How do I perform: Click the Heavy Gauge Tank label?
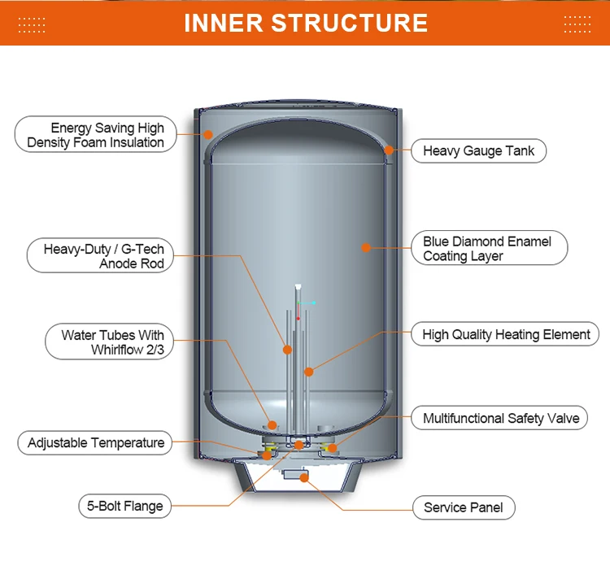(x=478, y=151)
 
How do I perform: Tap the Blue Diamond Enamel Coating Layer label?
(x=486, y=249)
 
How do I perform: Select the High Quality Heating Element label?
(x=506, y=334)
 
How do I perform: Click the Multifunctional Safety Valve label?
(x=500, y=419)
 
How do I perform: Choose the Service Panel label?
(x=463, y=507)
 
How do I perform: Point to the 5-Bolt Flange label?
(x=124, y=506)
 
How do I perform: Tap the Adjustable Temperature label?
(x=95, y=443)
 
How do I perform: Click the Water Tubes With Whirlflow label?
(x=108, y=342)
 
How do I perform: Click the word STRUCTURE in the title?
(x=350, y=23)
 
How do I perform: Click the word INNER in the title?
(x=224, y=23)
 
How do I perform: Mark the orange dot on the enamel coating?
(x=366, y=247)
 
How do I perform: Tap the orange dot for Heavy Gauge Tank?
(x=389, y=150)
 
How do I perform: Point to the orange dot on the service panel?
(x=304, y=478)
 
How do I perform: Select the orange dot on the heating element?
(x=309, y=372)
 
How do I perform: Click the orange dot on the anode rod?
(x=287, y=350)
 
